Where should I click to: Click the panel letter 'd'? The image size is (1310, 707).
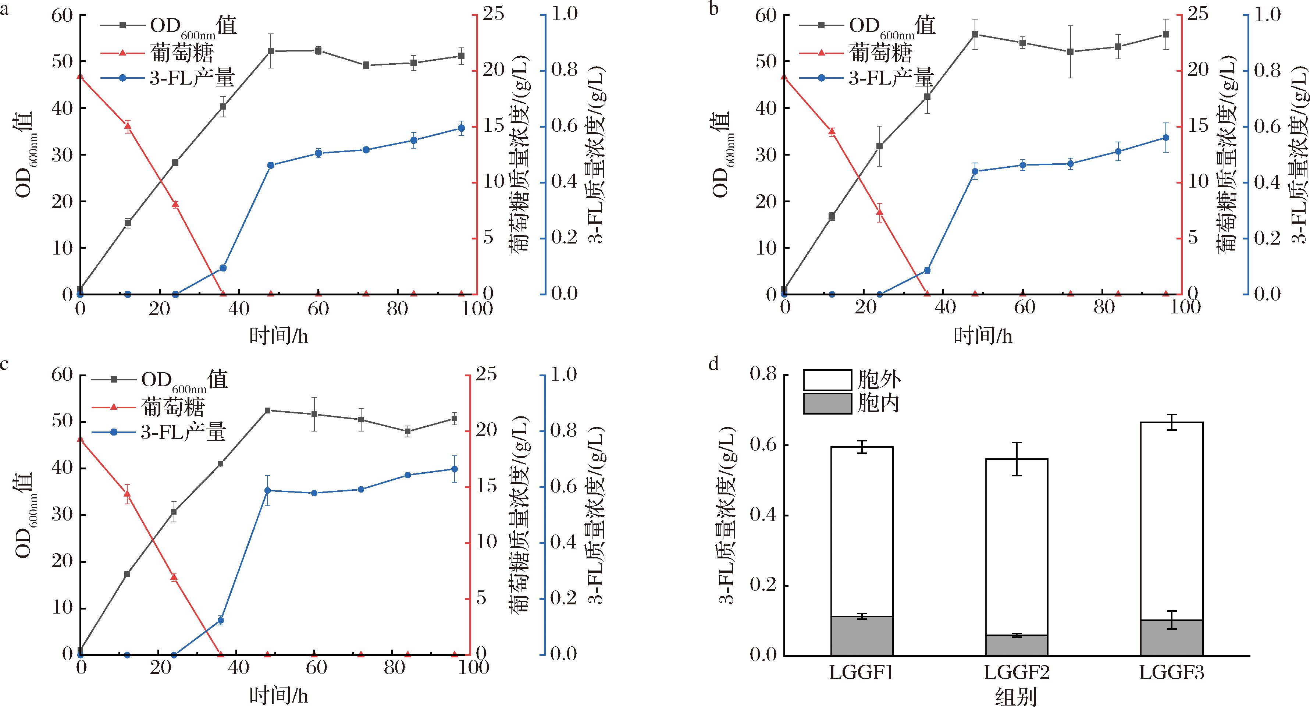click(x=714, y=365)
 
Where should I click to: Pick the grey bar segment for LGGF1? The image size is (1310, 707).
click(x=862, y=636)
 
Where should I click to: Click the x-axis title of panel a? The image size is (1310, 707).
click(x=279, y=336)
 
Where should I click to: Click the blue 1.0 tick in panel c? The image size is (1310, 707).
click(x=564, y=375)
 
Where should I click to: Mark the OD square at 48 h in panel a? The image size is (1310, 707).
click(x=271, y=51)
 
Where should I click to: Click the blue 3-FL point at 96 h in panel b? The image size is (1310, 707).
click(x=1166, y=152)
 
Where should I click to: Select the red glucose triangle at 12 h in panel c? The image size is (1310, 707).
click(x=127, y=493)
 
